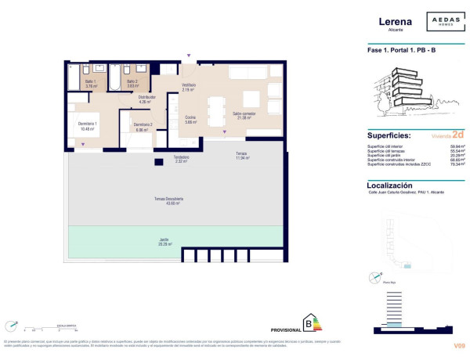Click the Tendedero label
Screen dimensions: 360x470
(181, 158)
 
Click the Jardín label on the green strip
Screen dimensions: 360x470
(175, 241)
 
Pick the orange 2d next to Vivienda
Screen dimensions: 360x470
(457, 134)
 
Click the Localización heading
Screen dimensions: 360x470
(396, 185)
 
